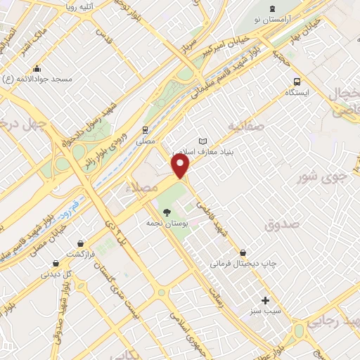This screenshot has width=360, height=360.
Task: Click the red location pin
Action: (181, 166)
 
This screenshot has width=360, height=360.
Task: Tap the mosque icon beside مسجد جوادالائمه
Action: (37, 69)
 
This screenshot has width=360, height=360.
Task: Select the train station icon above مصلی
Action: (145, 129)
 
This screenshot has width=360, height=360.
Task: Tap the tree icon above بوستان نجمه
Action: (167, 212)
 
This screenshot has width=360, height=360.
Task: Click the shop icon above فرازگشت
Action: (82, 243)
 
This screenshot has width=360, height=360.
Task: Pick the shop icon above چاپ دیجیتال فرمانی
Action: (243, 252)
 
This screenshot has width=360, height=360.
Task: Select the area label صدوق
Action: (282, 224)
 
